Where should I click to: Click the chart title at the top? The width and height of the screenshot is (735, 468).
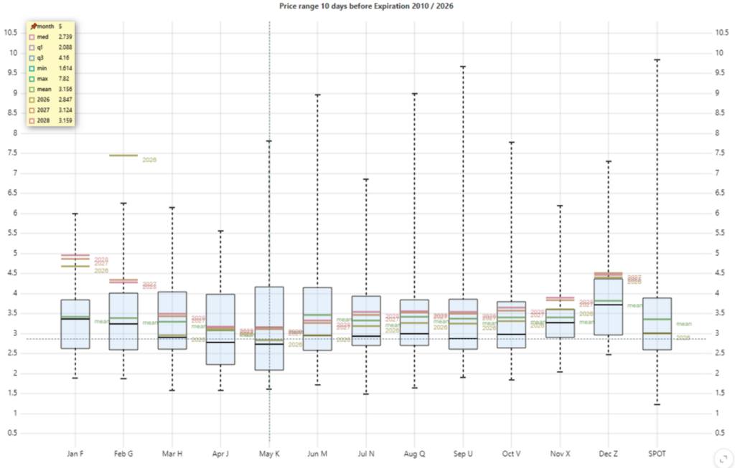click(367, 6)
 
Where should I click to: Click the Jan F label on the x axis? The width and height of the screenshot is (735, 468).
click(75, 453)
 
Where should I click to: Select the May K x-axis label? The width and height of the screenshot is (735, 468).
click(269, 453)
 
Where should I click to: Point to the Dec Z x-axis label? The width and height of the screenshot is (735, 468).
click(609, 453)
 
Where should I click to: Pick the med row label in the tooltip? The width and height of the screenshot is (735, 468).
click(42, 36)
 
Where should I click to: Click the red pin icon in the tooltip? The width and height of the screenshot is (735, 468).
click(33, 26)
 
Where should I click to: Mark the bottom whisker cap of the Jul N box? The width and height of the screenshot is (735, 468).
click(366, 393)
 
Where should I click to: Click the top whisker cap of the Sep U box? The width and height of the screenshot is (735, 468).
click(463, 67)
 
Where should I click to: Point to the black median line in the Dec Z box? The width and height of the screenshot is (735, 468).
click(609, 305)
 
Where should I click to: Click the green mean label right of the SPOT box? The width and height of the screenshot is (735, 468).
click(683, 324)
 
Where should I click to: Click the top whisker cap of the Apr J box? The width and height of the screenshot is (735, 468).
click(220, 231)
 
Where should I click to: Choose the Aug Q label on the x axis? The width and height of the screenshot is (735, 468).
click(414, 453)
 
